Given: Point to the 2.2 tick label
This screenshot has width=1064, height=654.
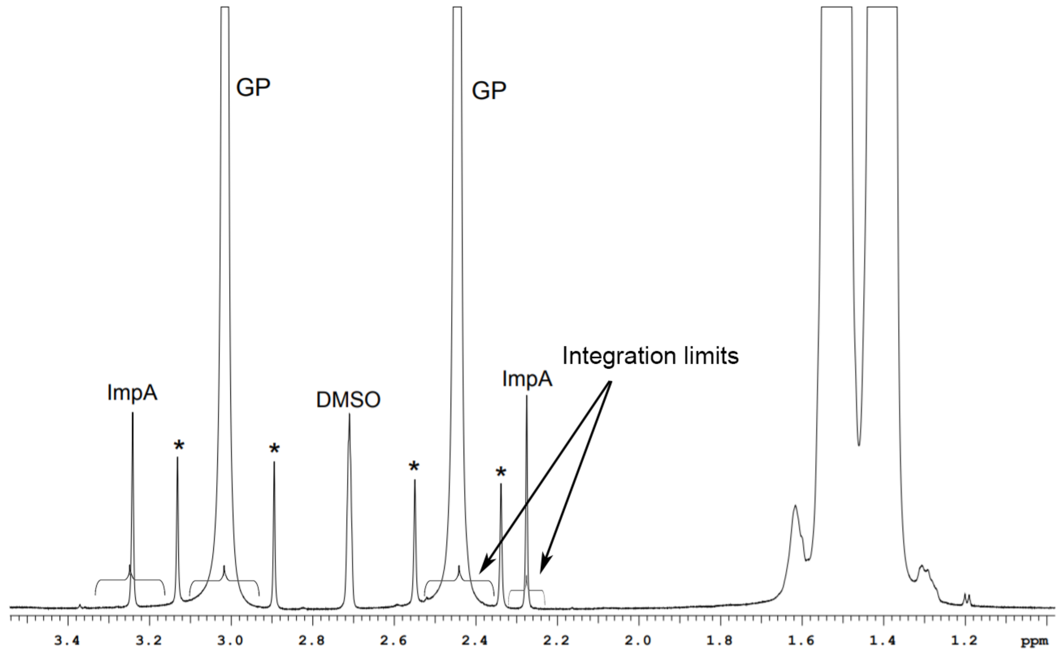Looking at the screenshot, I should point(557,641).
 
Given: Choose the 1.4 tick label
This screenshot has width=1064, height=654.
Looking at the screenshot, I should point(883,641).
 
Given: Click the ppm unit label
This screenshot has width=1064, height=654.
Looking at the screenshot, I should point(1035,642).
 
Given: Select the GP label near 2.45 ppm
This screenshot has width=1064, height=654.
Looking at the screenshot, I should point(489,91).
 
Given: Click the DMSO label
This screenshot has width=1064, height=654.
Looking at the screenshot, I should point(348,400).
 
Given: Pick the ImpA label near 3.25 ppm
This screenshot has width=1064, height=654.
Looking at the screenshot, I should point(132,393).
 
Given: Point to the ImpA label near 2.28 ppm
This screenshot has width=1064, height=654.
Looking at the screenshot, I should point(527,379).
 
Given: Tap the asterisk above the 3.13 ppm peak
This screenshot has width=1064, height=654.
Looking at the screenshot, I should point(178,445).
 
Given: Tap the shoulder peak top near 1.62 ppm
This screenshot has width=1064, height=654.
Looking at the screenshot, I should point(795,506).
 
